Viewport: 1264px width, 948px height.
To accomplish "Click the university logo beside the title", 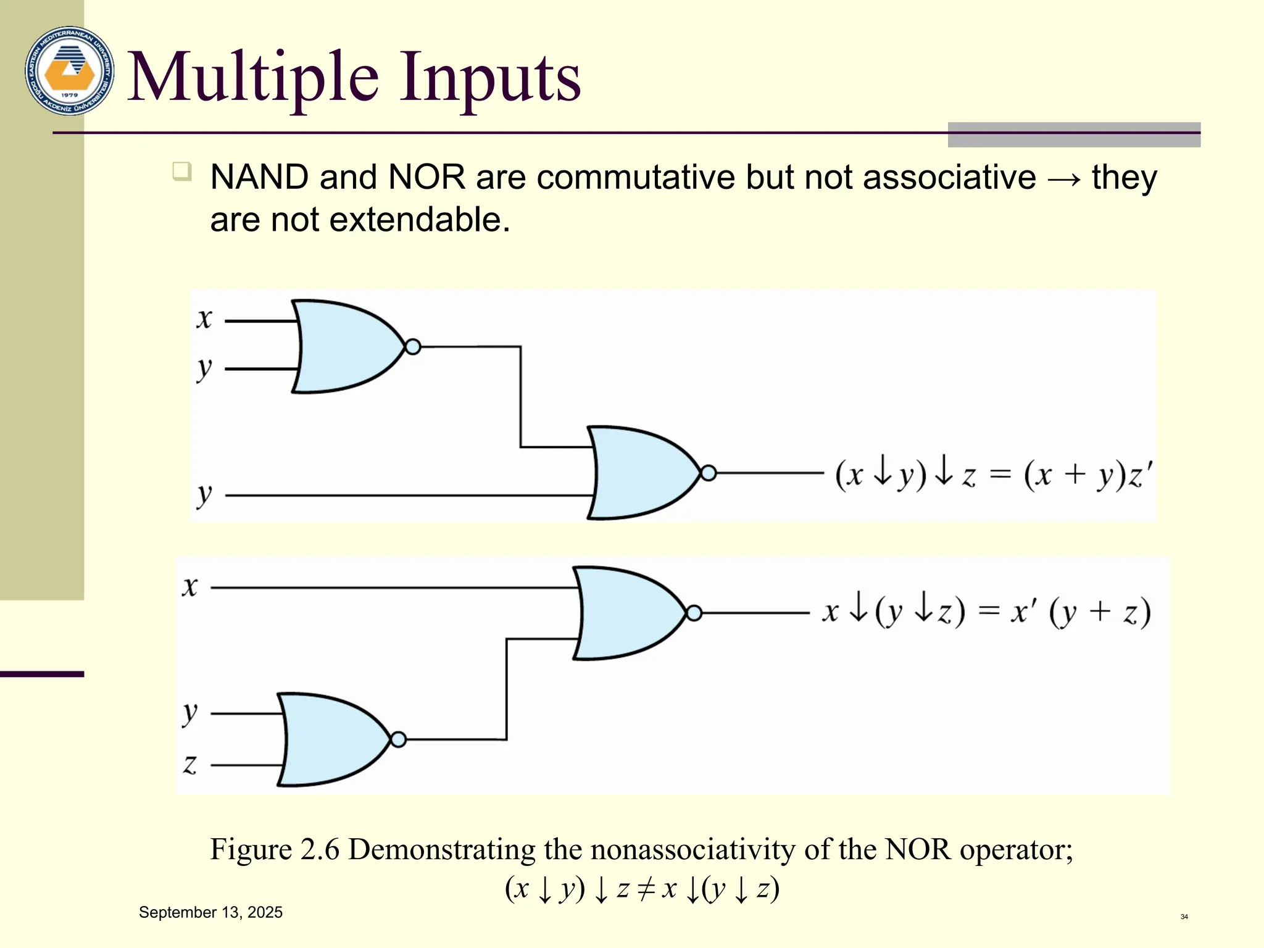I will pos(70,70).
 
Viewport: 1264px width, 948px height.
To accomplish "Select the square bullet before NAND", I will pos(182,171).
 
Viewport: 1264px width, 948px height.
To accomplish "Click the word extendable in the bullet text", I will pos(420,220).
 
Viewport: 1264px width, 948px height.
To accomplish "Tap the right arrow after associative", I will pos(1064,179).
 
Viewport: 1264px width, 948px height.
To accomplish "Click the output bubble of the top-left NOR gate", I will pos(413,347).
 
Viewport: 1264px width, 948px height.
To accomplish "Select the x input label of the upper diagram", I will pos(204,319).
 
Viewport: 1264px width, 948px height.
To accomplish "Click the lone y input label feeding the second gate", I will pos(204,494).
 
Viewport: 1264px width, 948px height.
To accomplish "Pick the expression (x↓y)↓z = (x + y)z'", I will pos(993,475).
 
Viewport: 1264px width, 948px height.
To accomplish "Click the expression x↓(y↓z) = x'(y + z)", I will pos(986,612).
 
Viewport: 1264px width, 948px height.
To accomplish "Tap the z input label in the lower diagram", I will pos(190,765).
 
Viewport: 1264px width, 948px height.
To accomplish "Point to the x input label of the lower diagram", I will pos(190,587).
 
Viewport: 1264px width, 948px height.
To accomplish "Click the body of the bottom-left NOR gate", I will pos(330,739).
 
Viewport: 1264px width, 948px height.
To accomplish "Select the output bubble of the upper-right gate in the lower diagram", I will pos(694,613).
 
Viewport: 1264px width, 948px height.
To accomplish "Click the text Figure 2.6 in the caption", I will pos(275,849).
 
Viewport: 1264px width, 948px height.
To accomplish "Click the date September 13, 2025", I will pos(210,912).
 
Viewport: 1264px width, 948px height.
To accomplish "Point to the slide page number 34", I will pos(1184,917).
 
